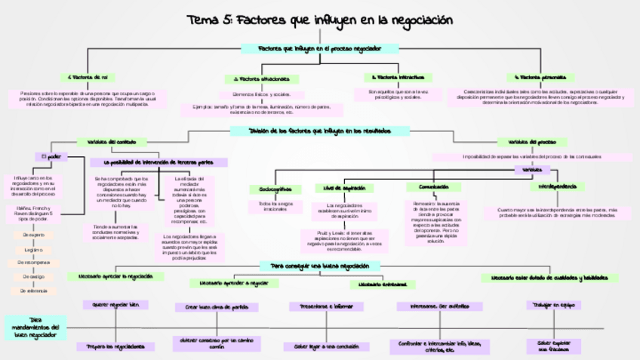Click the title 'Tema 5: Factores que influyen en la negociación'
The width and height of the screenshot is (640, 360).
click(320, 20)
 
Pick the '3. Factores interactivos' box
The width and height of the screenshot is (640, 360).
click(398, 77)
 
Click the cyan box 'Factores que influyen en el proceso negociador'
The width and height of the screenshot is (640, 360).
click(320, 48)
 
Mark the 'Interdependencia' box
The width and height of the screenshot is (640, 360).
click(558, 186)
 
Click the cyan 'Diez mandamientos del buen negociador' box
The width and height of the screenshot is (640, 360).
click(35, 326)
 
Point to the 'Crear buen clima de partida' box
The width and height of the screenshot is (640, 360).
click(217, 307)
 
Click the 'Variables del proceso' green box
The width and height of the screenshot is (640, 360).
click(527, 142)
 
